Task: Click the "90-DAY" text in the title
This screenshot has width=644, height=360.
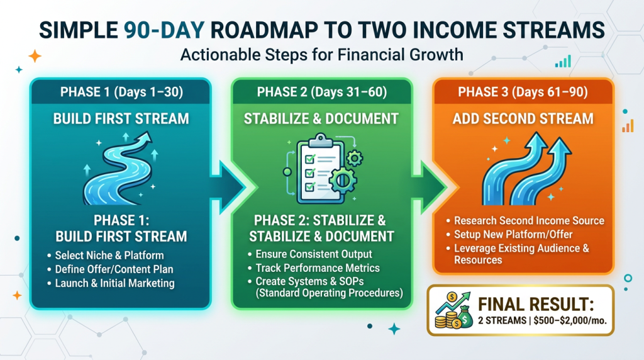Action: click(164, 30)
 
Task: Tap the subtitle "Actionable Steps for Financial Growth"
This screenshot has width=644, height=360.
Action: click(321, 55)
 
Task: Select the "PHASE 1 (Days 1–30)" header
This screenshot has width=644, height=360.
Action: click(121, 92)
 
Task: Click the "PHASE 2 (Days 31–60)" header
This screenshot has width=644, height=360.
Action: click(321, 92)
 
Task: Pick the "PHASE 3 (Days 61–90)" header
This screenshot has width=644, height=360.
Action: click(523, 92)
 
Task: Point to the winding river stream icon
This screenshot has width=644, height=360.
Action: click(119, 169)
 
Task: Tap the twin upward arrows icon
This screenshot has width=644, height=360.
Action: click(526, 169)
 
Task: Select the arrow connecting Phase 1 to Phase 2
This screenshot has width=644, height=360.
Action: click(228, 188)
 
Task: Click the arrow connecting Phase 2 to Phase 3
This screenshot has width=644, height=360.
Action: click(430, 188)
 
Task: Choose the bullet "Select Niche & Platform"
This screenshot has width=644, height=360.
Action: click(109, 255)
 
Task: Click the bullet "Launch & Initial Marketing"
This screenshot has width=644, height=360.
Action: click(114, 283)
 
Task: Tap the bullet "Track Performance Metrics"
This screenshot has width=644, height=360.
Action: click(318, 268)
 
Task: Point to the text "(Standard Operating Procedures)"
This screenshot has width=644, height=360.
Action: click(329, 293)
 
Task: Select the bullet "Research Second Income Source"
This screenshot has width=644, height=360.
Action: click(529, 221)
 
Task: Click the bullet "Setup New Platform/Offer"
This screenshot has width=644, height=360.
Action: click(513, 234)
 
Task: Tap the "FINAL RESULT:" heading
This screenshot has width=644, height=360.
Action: click(536, 305)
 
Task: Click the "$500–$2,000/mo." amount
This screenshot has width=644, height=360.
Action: click(570, 320)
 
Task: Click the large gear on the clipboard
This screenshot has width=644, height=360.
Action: click(342, 180)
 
